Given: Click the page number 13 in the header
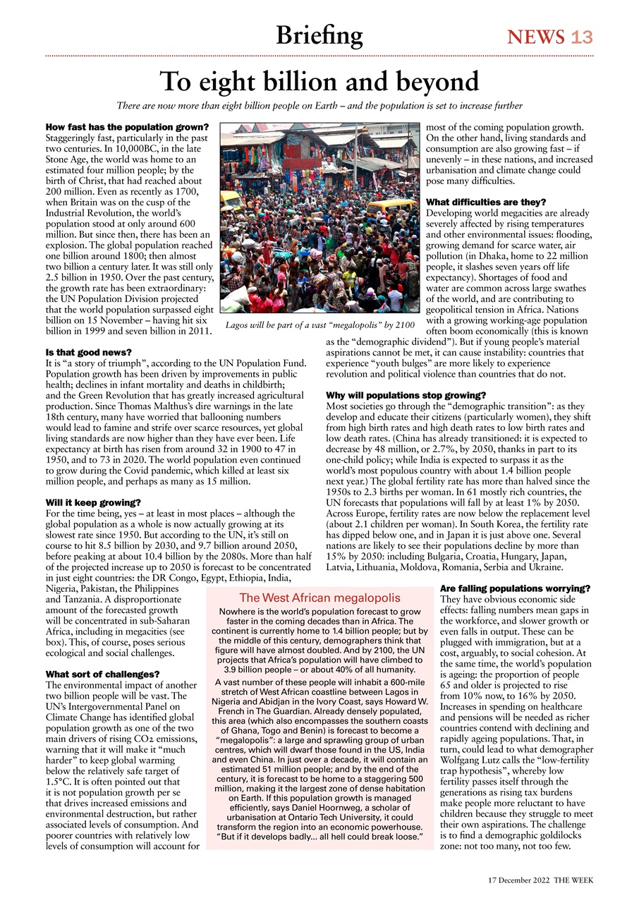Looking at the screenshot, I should pos(583,37).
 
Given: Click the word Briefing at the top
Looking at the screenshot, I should pos(319,35).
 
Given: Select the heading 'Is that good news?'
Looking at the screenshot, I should pos(88,351).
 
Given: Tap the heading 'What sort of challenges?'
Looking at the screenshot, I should pos(102,674).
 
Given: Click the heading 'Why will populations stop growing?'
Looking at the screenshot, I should pos(407,395).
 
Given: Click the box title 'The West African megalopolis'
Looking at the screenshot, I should pos(320,598).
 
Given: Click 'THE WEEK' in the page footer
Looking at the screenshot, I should pos(573,881).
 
